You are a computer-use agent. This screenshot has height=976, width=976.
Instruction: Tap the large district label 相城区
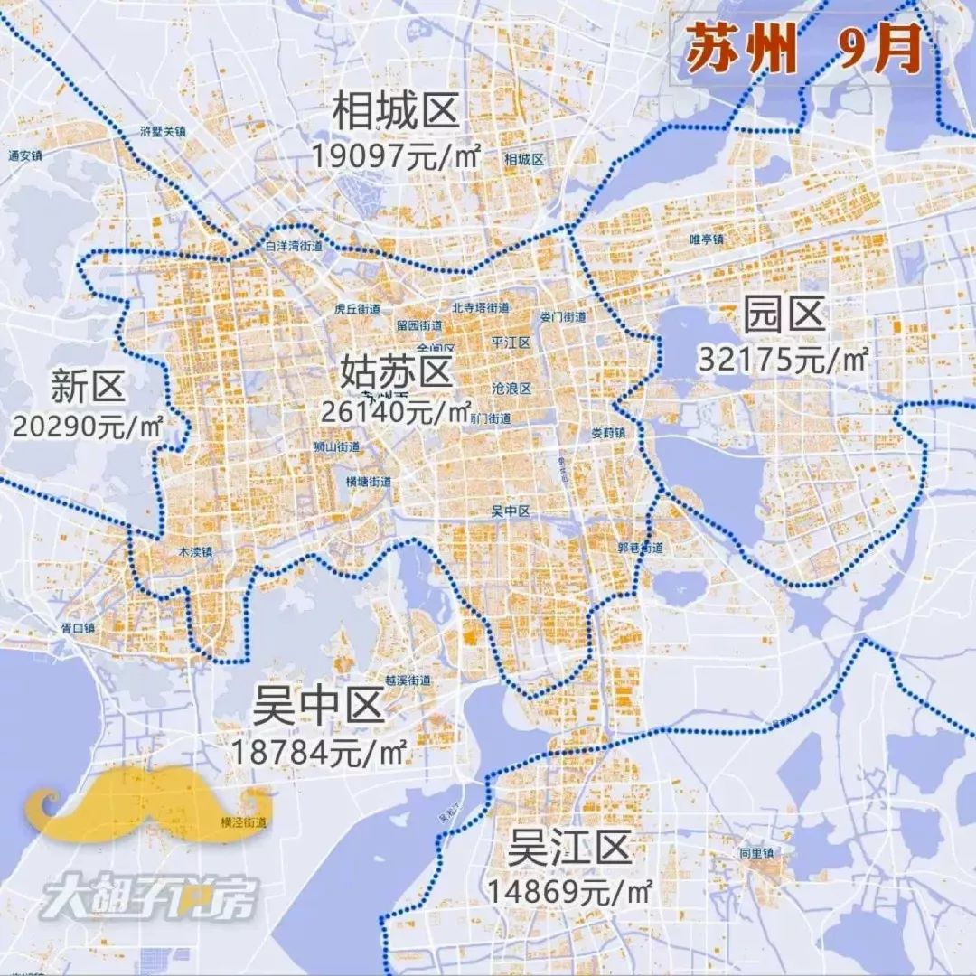[x=397, y=113]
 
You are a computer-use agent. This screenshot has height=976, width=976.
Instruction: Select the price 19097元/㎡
[x=394, y=155]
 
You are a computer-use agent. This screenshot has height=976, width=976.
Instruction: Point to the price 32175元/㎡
[x=783, y=358]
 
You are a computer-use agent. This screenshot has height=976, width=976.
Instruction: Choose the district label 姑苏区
[x=396, y=371]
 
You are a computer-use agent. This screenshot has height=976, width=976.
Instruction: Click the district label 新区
[x=87, y=388]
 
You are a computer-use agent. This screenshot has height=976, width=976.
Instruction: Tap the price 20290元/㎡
[x=88, y=426]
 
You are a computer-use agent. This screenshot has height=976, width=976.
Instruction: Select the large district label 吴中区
[x=319, y=706]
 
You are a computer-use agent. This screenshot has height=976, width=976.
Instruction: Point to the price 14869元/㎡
[x=569, y=892]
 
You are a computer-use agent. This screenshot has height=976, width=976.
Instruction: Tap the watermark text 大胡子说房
[x=150, y=898]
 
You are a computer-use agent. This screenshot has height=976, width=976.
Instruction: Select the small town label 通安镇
[x=25, y=155]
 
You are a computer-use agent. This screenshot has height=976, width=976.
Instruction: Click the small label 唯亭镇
[x=707, y=239]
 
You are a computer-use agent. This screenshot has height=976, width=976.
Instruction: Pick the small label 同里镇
[x=756, y=852]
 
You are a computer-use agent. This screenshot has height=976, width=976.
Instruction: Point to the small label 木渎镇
[x=194, y=550]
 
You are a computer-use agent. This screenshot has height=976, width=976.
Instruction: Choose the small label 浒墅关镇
[x=163, y=131]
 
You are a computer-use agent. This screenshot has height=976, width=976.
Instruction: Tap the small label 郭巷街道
[x=641, y=548]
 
